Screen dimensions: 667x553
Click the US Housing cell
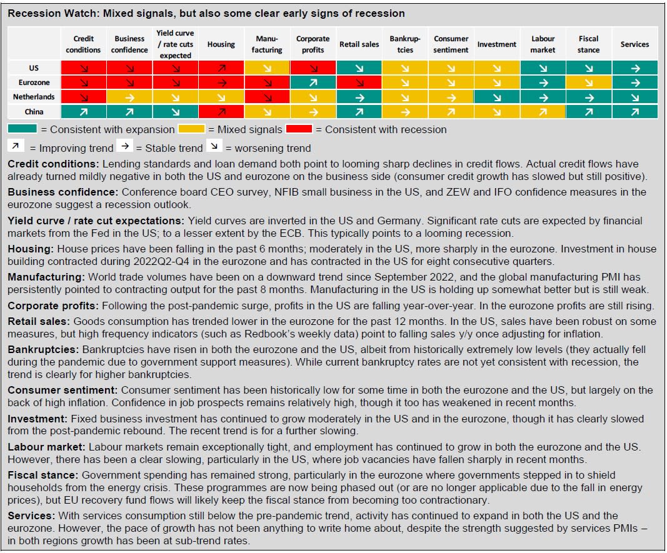(221, 67)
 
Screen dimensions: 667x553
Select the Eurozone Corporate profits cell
(313, 82)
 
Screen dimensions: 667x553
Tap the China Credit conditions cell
(83, 112)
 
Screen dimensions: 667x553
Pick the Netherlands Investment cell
(497, 97)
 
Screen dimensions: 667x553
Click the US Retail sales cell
(359, 67)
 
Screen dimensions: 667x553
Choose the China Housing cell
(221, 112)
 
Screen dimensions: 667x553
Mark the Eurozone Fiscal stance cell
(589, 82)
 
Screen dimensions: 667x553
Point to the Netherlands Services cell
(634, 97)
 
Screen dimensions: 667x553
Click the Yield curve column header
(175, 44)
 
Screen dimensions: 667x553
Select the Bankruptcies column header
(405, 44)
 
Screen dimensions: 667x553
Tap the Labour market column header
(543, 44)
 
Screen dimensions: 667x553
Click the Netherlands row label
(34, 97)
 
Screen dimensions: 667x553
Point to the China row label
(34, 112)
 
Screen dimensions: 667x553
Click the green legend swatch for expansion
(22, 129)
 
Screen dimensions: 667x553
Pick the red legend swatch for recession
(299, 129)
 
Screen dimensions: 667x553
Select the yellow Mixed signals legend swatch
(191, 129)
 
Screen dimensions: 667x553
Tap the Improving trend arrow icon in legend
(16, 146)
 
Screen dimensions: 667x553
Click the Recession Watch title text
(206, 13)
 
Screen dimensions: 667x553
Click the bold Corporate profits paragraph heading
(53, 306)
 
